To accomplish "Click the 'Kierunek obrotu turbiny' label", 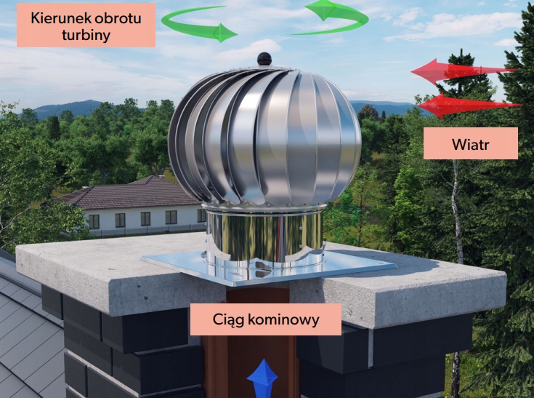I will tap(86, 25).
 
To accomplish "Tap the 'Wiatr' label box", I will tap(470, 143).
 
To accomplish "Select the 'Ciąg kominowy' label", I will tap(265, 319).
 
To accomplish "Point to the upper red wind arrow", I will tap(461, 71).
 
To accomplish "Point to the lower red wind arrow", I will tap(469, 106).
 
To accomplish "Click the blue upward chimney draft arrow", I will tap(262, 378).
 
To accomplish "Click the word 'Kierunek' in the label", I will tap(59, 17).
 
